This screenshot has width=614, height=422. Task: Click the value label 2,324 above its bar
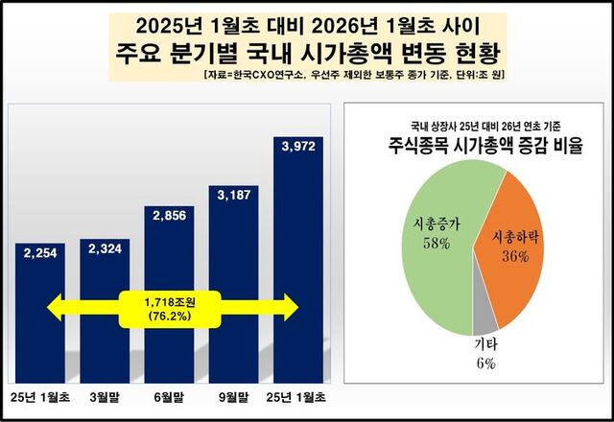(104, 248)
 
